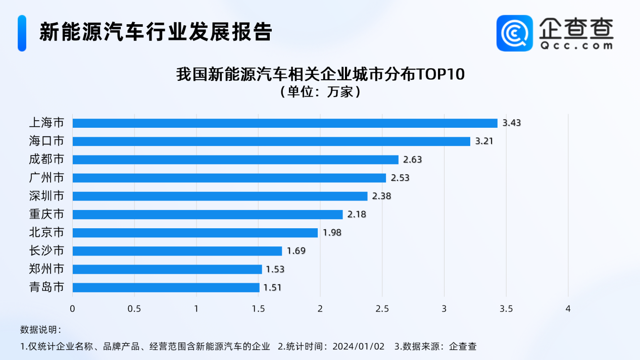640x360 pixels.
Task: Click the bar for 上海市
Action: [x=285, y=123]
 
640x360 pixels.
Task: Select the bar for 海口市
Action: [x=271, y=141]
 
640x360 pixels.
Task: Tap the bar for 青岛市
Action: [x=166, y=288]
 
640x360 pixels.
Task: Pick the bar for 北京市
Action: [x=195, y=233]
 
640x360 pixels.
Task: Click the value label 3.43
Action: [x=511, y=123]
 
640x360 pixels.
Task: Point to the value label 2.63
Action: [x=412, y=160]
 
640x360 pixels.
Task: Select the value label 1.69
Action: [x=296, y=251]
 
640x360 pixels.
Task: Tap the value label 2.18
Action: [x=357, y=215]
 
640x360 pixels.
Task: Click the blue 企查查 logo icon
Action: [x=515, y=33]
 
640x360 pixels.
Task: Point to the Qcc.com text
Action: [x=576, y=45]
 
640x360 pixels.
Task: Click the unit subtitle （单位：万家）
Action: [x=320, y=92]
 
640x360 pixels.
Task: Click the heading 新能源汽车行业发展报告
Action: [x=156, y=32]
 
